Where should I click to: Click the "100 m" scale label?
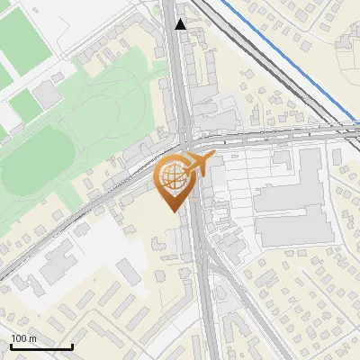click(x=23, y=338)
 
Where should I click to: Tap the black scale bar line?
click(x=41, y=346)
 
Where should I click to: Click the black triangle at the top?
click(x=181, y=24)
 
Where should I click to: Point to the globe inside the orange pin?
click(x=173, y=178)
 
